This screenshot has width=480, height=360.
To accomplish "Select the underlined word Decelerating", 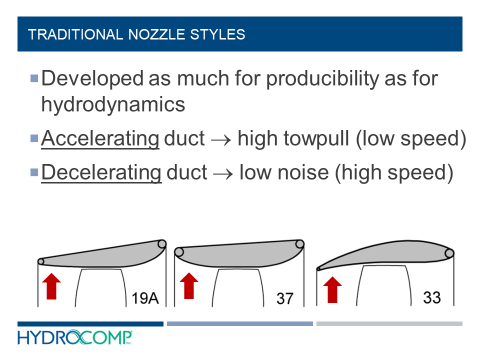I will [101, 172].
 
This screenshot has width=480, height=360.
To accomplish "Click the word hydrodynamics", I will [113, 104].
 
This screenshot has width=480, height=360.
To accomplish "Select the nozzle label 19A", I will [145, 298].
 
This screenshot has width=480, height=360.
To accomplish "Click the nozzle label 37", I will [284, 299].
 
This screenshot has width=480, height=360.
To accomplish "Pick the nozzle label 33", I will [431, 297].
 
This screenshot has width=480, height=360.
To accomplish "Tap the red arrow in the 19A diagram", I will [52, 285].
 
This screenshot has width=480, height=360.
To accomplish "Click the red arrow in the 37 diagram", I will [188, 285].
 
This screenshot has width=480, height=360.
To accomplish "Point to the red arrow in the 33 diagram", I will [332, 289].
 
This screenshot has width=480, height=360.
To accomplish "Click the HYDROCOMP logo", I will [75, 337].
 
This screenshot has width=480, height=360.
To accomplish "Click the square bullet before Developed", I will [34, 78].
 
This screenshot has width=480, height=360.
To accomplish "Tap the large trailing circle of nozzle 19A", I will [161, 244].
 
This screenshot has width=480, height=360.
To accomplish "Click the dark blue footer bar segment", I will [90, 324].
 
